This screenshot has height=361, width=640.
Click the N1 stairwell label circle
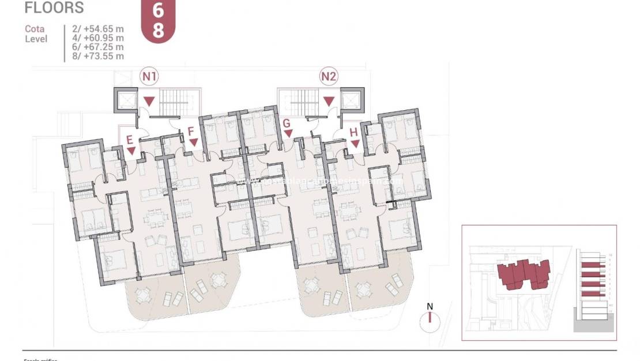pos(150,76)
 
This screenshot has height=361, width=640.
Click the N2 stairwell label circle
pos(329,76)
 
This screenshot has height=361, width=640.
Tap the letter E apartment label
pos(129,139)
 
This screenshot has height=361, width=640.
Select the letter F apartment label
pos(191,131)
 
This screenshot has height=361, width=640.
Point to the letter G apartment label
pos(286,123)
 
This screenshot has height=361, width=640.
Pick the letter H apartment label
pos(353,132)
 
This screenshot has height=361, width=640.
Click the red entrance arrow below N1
pos(149,101)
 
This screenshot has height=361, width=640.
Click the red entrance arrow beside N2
pos(329,101)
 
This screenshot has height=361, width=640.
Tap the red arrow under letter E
pos(131,151)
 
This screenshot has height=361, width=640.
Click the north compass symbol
pos(430,318)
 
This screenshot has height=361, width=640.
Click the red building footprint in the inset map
pos(524,274)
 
